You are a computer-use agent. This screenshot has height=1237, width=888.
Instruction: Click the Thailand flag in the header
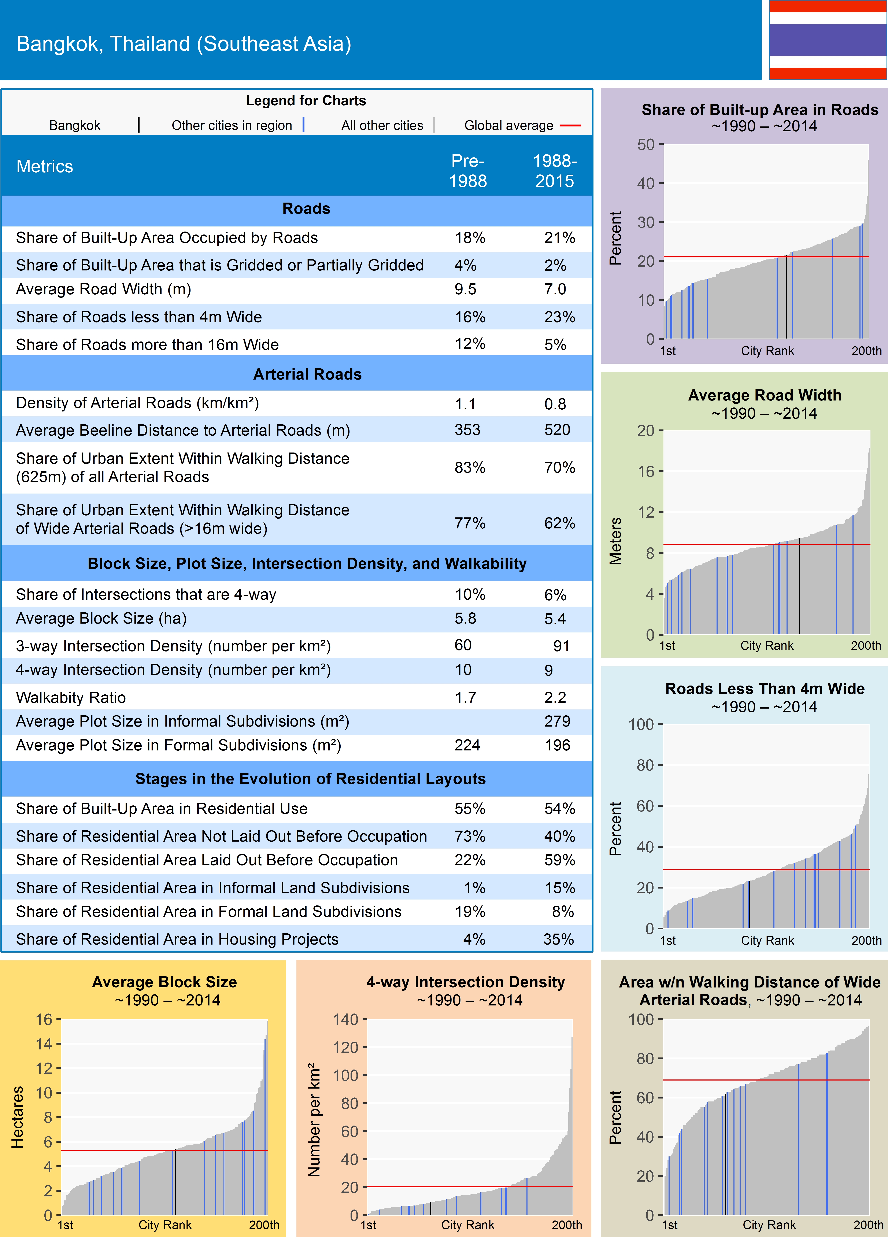828,40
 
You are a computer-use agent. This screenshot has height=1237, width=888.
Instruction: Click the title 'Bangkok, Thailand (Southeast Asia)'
184,44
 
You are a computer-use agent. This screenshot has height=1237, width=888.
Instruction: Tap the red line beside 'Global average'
570,125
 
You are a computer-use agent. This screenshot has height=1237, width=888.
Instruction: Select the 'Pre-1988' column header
467,171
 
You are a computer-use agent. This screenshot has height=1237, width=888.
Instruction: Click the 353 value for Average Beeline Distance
467,430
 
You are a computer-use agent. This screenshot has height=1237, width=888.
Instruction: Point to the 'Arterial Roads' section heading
307,374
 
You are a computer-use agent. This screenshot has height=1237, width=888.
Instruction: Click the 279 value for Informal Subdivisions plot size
557,721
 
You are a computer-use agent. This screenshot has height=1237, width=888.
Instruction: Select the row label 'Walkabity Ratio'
71,698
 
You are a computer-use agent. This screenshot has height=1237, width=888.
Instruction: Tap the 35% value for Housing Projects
558,939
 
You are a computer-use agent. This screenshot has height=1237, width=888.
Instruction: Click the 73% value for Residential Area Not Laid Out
470,836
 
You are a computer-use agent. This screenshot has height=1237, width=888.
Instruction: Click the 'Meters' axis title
615,540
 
